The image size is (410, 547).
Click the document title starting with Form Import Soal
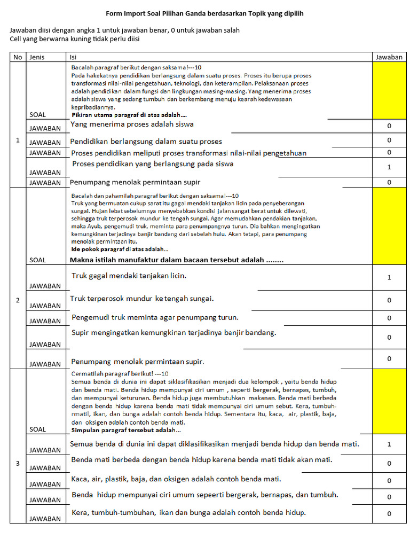(204, 13)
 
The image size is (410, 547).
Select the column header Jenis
(36, 57)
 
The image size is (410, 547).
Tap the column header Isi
(74, 57)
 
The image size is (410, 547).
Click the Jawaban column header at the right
(389, 57)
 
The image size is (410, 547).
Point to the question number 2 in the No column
(18, 300)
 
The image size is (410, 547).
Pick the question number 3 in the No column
(18, 463)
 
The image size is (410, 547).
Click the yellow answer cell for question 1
(389, 90)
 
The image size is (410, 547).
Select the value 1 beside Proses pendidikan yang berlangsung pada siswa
(389, 167)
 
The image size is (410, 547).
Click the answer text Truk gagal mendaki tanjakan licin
(129, 276)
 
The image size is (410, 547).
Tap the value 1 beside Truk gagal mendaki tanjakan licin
(389, 277)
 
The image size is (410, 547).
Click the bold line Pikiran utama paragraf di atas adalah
(129, 115)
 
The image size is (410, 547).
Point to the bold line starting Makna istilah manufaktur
(176, 260)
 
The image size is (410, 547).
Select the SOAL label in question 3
(37, 429)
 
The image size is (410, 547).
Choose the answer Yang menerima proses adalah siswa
(132, 124)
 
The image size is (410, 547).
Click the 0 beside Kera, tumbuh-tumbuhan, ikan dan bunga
(389, 514)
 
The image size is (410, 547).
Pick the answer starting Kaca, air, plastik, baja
(176, 479)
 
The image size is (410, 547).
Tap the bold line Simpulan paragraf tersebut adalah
(126, 430)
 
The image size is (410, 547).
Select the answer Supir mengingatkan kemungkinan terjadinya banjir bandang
(174, 333)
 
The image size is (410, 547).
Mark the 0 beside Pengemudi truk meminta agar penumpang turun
(389, 318)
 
